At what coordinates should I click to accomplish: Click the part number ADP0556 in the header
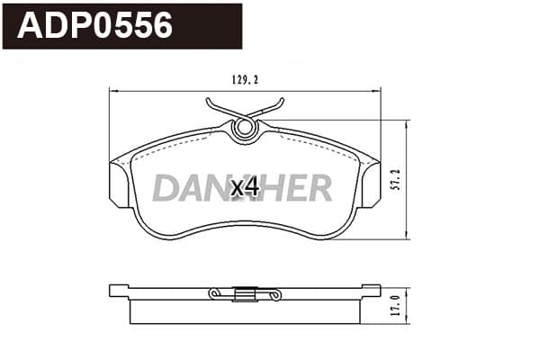point(94,25)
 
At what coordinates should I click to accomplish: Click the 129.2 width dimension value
point(245,80)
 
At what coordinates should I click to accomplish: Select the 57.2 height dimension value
point(397,179)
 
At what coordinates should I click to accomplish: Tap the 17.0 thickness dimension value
point(397,305)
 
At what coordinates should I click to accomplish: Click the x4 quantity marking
point(245,188)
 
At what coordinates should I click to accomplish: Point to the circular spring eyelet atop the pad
point(244,128)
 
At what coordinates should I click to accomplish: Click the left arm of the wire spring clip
point(224,108)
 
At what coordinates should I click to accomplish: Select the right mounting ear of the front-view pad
point(370,184)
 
